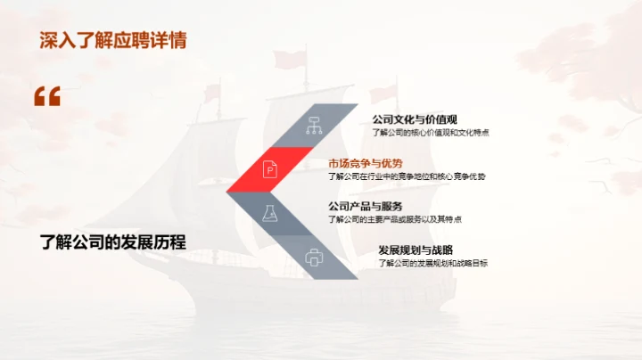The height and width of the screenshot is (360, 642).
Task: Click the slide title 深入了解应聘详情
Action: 111,40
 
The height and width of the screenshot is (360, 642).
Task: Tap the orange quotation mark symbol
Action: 46,97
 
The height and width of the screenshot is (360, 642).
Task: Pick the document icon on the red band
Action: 270,168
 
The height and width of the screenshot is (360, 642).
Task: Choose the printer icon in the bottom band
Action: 313,258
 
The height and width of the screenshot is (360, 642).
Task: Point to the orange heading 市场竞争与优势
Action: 366,163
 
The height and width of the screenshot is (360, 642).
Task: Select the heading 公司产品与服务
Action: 366,206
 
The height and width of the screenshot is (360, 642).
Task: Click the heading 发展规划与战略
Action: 416,250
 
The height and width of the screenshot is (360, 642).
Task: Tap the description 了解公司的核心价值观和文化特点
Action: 432,133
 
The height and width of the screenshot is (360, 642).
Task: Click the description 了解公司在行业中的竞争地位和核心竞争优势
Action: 407,176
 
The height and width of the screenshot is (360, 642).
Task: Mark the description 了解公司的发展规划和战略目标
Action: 432,263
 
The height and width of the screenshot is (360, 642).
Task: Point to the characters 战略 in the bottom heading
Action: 441,250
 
